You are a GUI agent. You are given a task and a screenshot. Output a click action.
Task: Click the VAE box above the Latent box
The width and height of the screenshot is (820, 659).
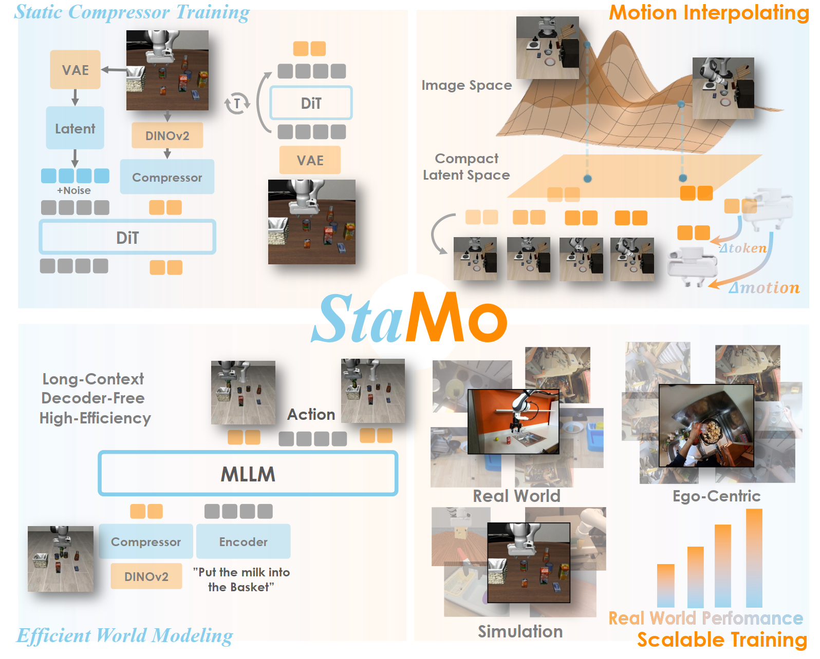(x=75, y=70)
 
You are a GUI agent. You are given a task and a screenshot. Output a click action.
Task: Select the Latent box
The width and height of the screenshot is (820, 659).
(x=75, y=128)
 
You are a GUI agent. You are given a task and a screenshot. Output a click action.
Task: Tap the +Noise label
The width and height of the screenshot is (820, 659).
(x=74, y=190)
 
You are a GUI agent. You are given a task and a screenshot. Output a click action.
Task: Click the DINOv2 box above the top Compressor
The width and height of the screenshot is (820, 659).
(x=167, y=135)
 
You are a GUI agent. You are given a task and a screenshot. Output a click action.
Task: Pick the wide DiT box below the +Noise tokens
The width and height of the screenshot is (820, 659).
(x=127, y=237)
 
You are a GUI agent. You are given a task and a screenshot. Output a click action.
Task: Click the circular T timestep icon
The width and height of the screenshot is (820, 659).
(x=237, y=104)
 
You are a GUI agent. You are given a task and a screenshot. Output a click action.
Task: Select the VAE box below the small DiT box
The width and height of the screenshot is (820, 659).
(x=310, y=160)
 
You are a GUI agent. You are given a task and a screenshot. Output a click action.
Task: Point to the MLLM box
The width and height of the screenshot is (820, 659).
(x=248, y=474)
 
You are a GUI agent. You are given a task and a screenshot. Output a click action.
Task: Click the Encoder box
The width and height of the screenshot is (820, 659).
(x=243, y=541)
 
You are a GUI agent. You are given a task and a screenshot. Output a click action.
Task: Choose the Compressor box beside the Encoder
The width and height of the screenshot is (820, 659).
(x=146, y=541)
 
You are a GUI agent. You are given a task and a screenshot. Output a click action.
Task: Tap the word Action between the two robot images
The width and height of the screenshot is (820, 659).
(x=311, y=414)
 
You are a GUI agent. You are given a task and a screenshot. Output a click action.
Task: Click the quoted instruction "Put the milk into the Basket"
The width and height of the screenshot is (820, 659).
(x=241, y=579)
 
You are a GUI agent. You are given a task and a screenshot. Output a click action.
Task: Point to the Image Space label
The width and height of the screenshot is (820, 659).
(x=467, y=85)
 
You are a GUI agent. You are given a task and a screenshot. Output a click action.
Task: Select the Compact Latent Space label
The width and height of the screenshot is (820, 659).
(x=467, y=167)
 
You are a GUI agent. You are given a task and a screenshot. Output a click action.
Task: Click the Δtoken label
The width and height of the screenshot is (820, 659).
(x=743, y=248)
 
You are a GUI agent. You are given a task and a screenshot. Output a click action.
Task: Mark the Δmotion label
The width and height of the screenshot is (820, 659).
(x=764, y=288)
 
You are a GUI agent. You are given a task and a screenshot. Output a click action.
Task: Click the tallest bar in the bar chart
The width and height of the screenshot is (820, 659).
(x=754, y=558)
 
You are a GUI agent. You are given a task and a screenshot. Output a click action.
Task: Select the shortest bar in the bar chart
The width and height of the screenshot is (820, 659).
(x=665, y=586)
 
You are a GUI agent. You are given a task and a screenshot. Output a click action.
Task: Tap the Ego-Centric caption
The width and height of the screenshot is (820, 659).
(x=716, y=496)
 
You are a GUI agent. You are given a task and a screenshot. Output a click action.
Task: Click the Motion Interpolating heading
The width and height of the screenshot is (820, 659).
(x=709, y=13)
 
